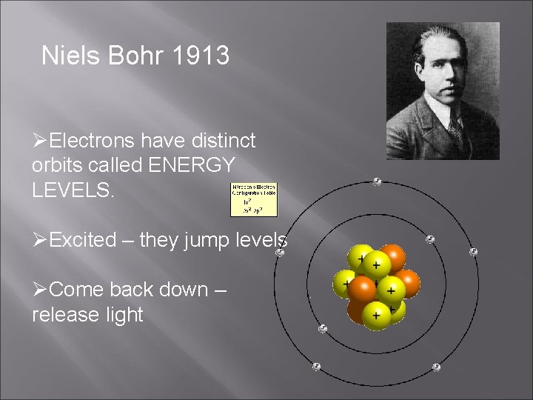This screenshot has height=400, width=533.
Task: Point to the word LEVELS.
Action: pyautogui.click(x=73, y=190)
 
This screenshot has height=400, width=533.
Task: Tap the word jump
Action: pyautogui.click(x=207, y=240)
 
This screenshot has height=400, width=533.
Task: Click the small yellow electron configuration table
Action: pyautogui.click(x=254, y=199)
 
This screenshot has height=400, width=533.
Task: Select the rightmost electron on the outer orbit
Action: pyautogui.click(x=473, y=252)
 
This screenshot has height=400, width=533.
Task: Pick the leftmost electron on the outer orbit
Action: pyautogui.click(x=280, y=253)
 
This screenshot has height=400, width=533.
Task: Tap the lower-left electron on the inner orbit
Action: pyautogui.click(x=322, y=328)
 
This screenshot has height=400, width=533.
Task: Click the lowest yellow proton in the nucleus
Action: pyautogui.click(x=376, y=316)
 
